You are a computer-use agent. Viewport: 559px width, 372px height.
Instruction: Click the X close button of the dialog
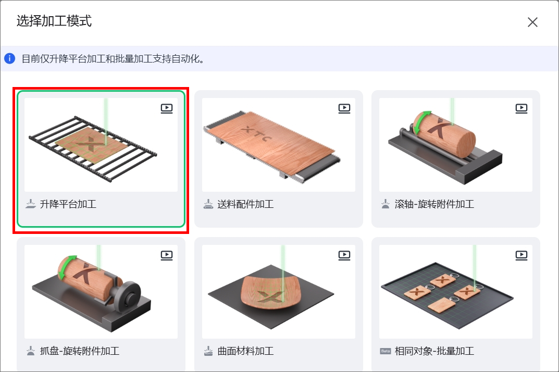coord(532,22)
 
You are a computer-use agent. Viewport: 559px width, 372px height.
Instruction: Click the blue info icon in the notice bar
coord(9,58)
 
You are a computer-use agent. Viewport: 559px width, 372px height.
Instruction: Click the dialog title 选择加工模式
coord(54,21)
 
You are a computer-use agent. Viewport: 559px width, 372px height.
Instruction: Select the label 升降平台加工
coord(68,204)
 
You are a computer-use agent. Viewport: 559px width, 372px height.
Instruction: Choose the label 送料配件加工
coord(245,204)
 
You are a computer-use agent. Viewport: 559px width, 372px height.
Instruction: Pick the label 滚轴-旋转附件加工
coord(434,204)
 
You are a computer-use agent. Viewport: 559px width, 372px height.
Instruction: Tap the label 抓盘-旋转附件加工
coord(80,351)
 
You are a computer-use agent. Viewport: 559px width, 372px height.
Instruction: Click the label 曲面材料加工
coord(245,351)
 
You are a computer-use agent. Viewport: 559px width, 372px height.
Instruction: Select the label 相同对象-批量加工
coord(434,351)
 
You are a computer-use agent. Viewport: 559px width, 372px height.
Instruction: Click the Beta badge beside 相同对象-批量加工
coord(386,351)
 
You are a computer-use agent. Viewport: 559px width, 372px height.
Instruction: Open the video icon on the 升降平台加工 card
coord(167,108)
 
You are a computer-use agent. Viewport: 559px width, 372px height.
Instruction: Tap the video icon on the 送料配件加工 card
coord(344,108)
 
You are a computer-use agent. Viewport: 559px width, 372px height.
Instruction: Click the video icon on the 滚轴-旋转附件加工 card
coord(521,108)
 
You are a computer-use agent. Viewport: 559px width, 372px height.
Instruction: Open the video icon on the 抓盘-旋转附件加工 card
coord(167,255)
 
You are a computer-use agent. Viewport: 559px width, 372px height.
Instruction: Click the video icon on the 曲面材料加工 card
coord(344,255)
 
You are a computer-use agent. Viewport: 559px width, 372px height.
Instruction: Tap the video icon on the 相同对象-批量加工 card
coord(521,255)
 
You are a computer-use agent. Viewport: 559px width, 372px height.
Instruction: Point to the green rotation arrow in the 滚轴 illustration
coord(417,120)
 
